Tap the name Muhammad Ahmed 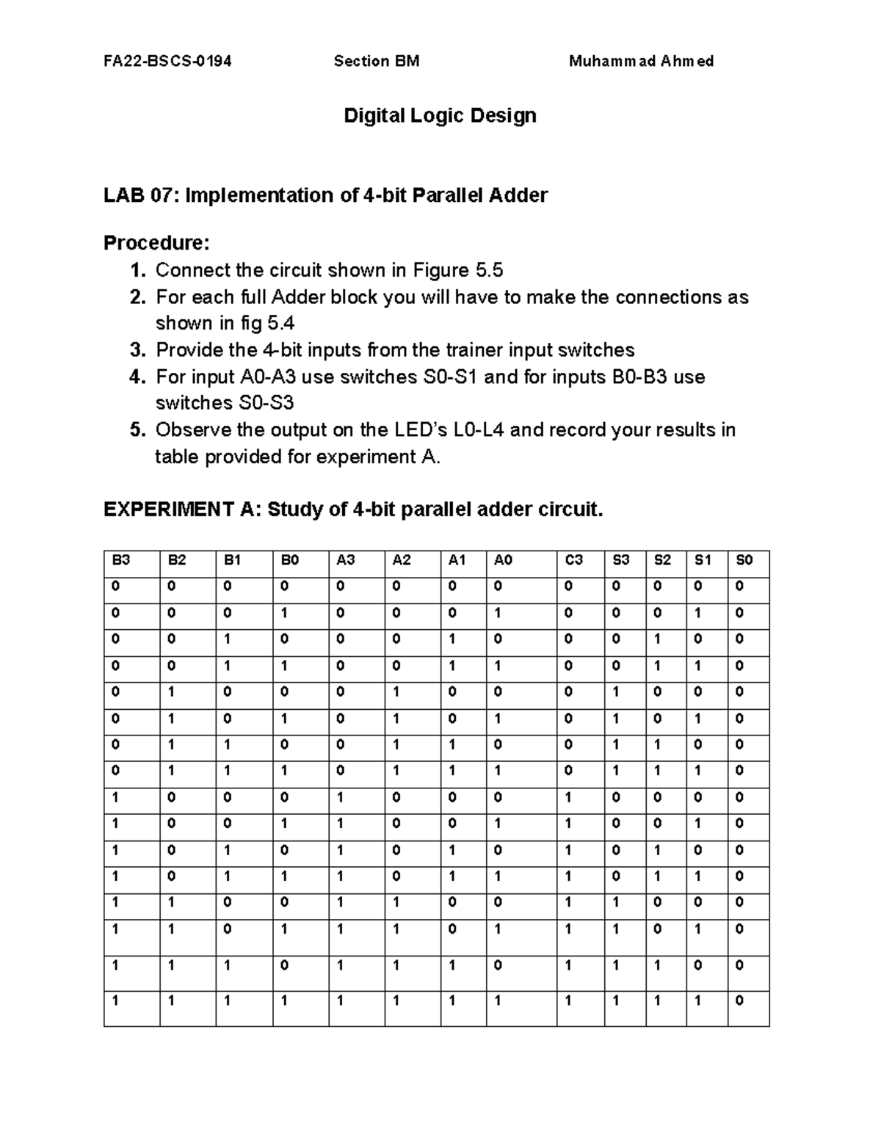point(641,61)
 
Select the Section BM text point(377,61)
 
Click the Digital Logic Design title point(440,115)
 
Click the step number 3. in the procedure point(139,350)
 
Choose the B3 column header point(121,560)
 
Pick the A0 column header point(503,560)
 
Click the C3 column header point(574,560)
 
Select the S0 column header point(744,560)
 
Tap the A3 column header point(345,560)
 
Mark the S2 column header point(662,560)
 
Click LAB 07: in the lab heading point(142,195)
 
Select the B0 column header point(290,560)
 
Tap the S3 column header point(621,560)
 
